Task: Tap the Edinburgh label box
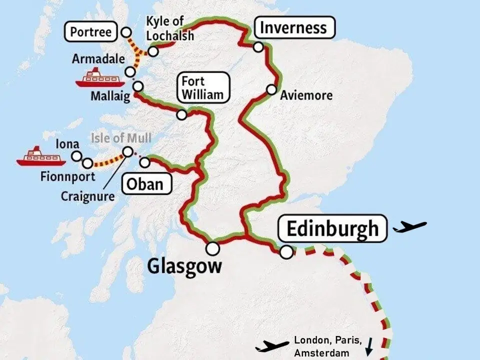coord(332,228)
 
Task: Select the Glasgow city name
coord(184,266)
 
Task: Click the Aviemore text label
coord(306,94)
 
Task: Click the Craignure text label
coord(87,196)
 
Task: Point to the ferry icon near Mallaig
coord(99,78)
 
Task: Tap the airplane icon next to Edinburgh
coord(410,227)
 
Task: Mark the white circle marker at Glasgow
coord(212,248)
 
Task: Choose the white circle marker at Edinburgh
coord(286,252)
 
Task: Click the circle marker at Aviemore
coord(271,89)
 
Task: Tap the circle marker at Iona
coord(76,156)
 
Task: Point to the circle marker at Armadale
coord(130,71)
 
